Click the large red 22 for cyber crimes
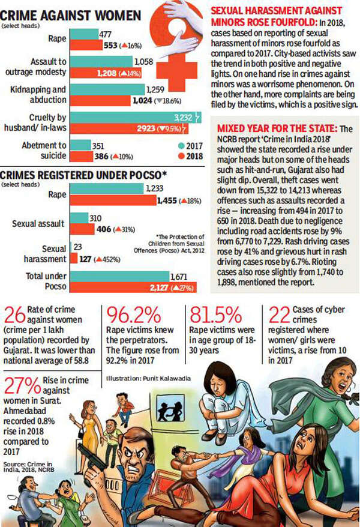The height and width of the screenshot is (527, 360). tap(275, 315)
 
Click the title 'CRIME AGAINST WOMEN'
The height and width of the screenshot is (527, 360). tap(75, 15)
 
